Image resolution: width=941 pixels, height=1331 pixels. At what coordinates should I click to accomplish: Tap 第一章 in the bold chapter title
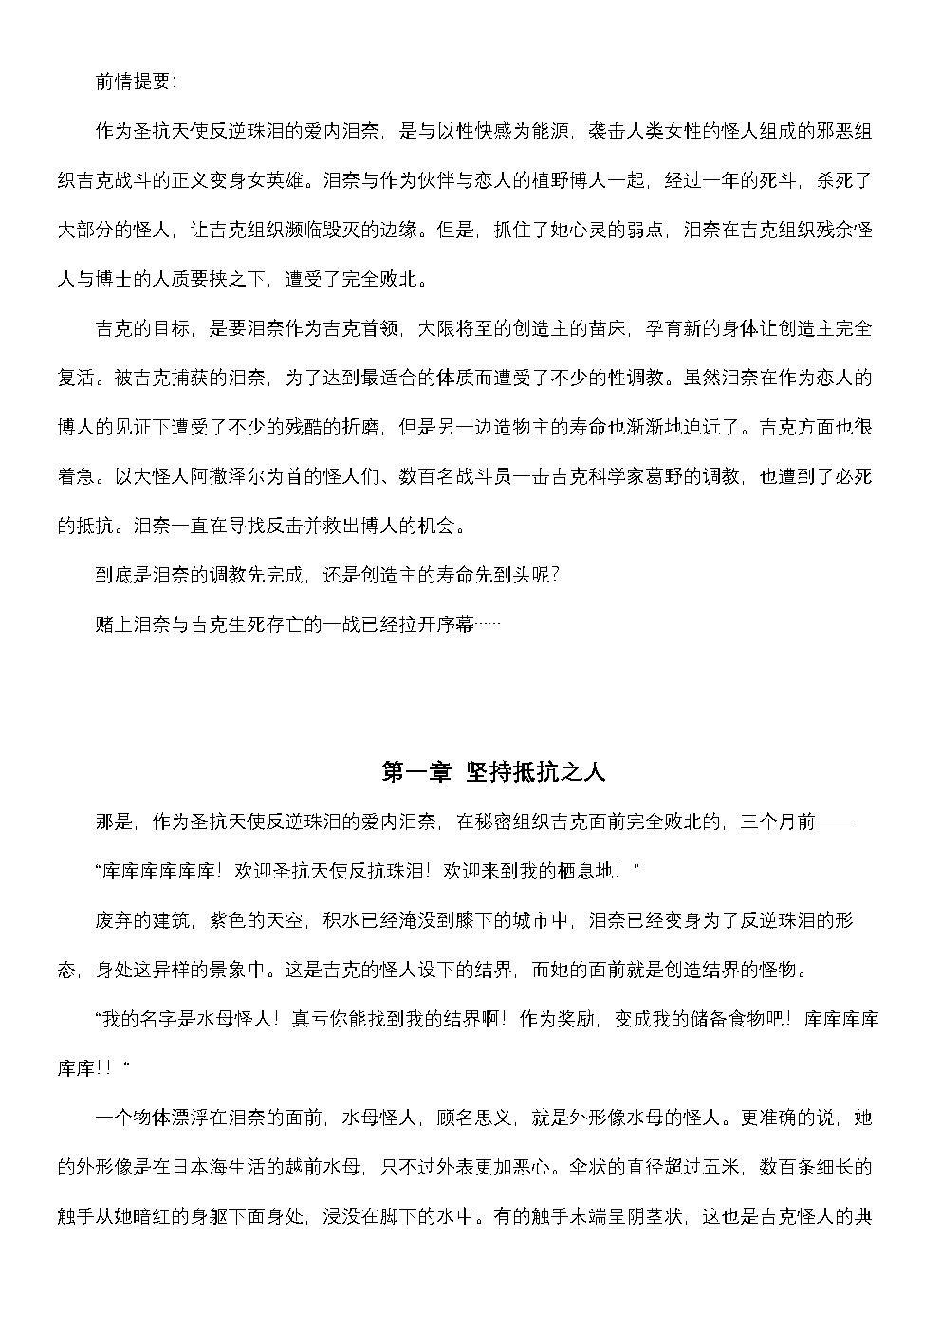click(x=415, y=772)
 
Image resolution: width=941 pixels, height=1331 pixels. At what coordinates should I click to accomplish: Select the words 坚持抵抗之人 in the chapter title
click(x=535, y=772)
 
